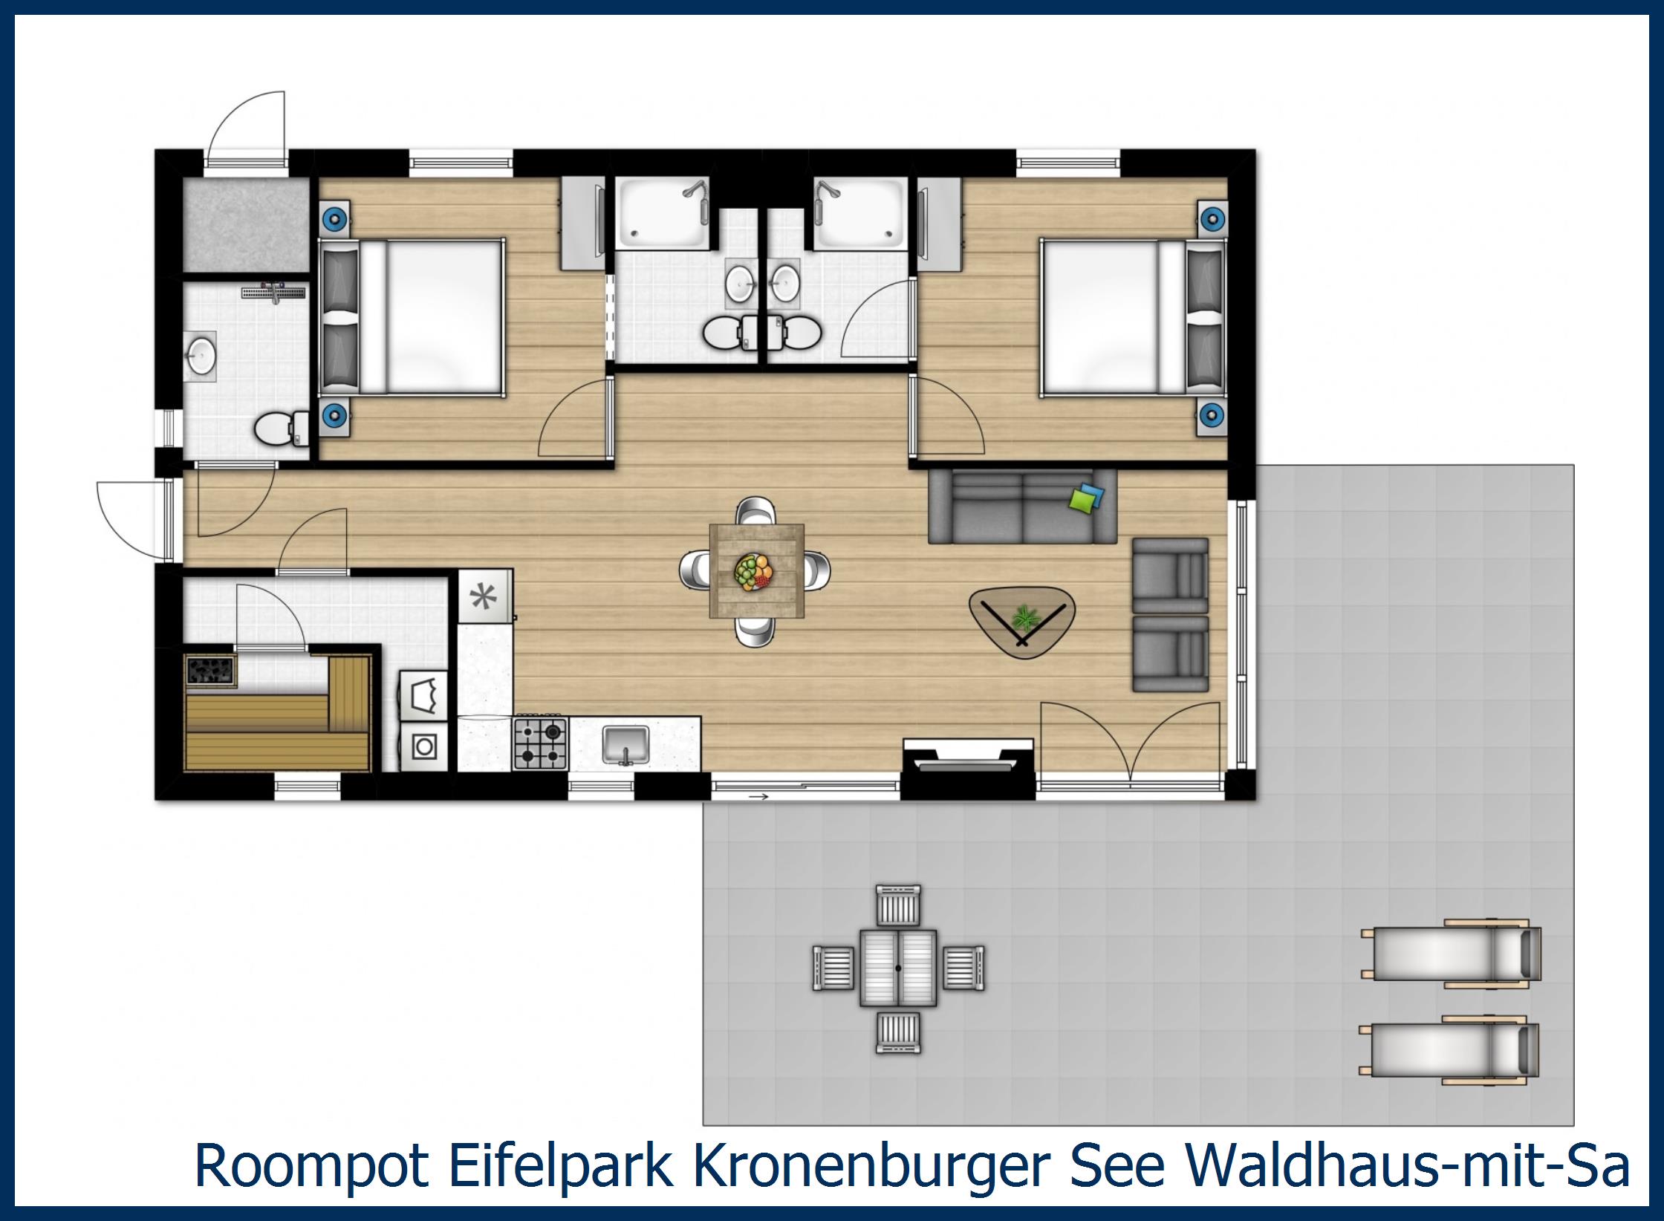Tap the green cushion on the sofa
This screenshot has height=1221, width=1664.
[1081, 500]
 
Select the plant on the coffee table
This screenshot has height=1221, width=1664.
[1026, 617]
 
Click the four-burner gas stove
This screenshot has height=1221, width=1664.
[541, 743]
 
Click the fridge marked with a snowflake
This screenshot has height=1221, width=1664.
[485, 596]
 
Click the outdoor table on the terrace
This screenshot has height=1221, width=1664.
[898, 968]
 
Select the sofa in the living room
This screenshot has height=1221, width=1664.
[1022, 507]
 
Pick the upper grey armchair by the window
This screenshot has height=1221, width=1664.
[1170, 576]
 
